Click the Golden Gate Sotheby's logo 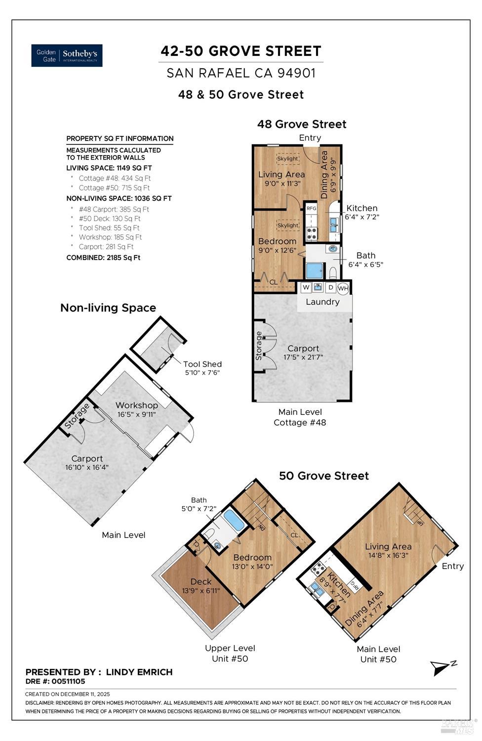click(67, 55)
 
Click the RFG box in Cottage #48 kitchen click(311, 208)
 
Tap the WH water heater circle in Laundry click(343, 288)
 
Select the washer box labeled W click(306, 287)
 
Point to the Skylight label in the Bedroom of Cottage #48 click(287, 225)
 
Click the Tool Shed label click(202, 364)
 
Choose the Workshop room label click(137, 405)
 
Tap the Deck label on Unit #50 click(201, 582)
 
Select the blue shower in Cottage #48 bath click(315, 271)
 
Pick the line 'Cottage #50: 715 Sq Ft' click(114, 188)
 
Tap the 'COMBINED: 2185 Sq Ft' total click(103, 258)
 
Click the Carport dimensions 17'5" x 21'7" click(303, 357)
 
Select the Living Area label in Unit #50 click(388, 546)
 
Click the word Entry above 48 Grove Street click(310, 138)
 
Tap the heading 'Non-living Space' click(108, 308)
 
